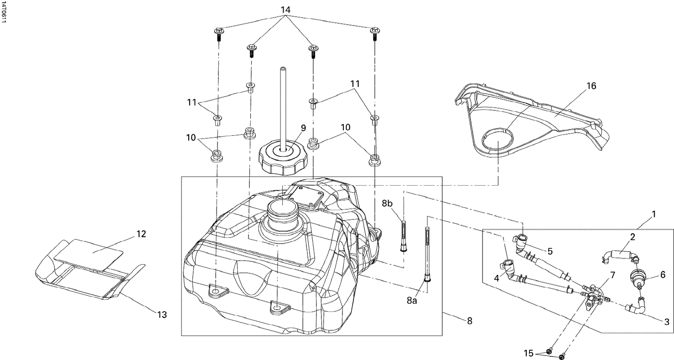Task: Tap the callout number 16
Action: (x=591, y=86)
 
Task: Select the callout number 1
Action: (x=654, y=214)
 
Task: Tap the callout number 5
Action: (x=550, y=251)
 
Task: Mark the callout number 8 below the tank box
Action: (x=470, y=321)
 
